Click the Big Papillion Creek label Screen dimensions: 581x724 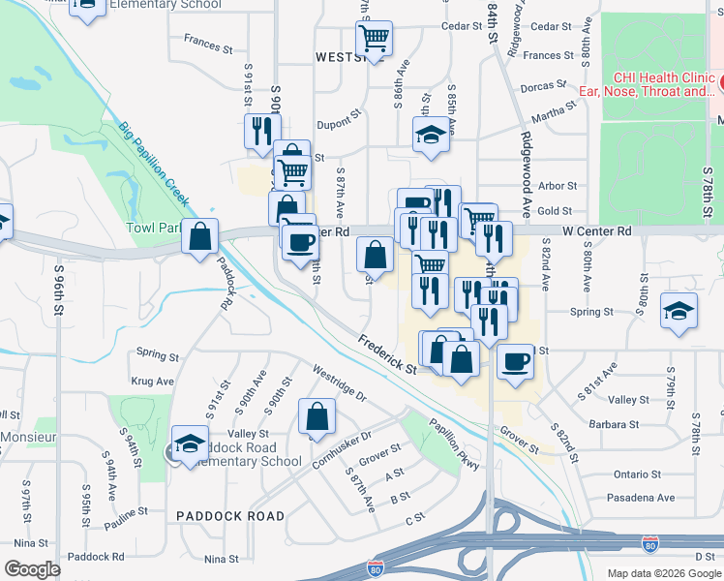coord(155,166)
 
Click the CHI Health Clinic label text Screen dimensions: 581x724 coord(646,78)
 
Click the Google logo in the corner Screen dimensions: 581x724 coord(32,569)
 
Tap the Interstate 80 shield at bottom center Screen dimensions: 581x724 coord(376,569)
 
